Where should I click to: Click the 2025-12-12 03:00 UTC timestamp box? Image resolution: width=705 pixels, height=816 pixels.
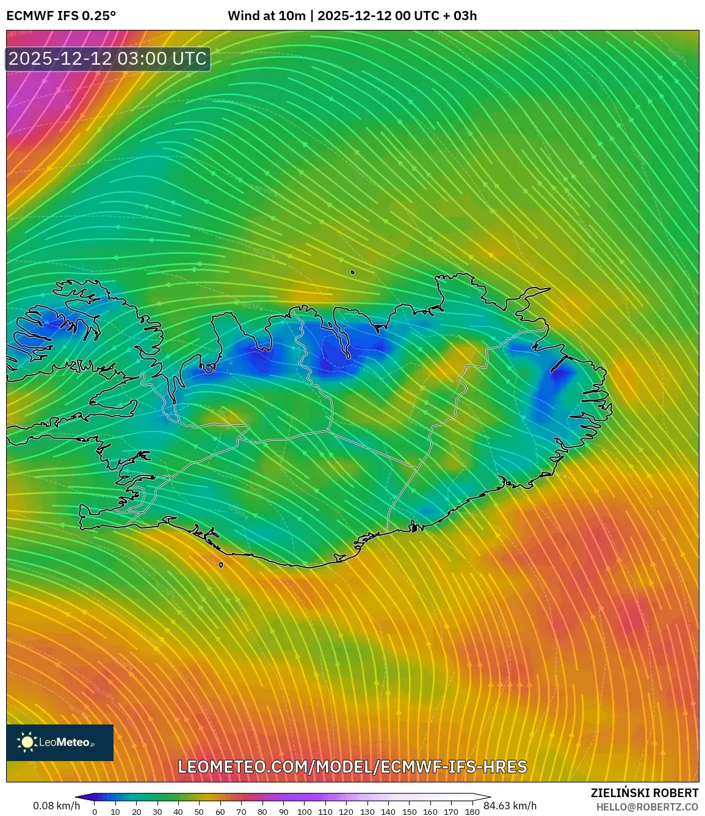(108, 59)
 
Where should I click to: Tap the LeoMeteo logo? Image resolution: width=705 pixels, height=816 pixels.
(60, 742)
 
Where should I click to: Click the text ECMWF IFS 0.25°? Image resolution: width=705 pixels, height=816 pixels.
(61, 16)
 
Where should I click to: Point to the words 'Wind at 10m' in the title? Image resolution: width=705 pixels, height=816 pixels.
(266, 16)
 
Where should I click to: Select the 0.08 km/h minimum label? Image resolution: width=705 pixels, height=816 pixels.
(56, 806)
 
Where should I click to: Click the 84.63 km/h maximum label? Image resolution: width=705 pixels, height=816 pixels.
(510, 806)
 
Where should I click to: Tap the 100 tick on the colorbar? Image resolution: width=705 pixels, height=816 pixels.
(304, 812)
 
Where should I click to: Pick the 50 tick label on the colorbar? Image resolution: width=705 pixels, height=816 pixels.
(199, 812)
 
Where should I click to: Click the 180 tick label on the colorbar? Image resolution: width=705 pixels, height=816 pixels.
(472, 812)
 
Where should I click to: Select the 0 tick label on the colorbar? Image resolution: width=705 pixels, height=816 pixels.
(95, 812)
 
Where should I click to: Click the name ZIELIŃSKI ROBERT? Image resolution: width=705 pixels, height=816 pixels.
(644, 793)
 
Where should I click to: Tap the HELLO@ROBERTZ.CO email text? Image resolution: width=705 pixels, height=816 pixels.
(647, 807)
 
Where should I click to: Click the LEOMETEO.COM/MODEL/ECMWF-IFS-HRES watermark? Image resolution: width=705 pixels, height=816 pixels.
(352, 767)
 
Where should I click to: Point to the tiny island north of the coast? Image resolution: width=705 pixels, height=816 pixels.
(353, 273)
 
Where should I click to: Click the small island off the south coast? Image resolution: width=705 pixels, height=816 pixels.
(221, 565)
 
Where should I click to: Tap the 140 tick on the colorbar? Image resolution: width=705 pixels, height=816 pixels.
(388, 812)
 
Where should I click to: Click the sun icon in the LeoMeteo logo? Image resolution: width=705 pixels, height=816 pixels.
(27, 742)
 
